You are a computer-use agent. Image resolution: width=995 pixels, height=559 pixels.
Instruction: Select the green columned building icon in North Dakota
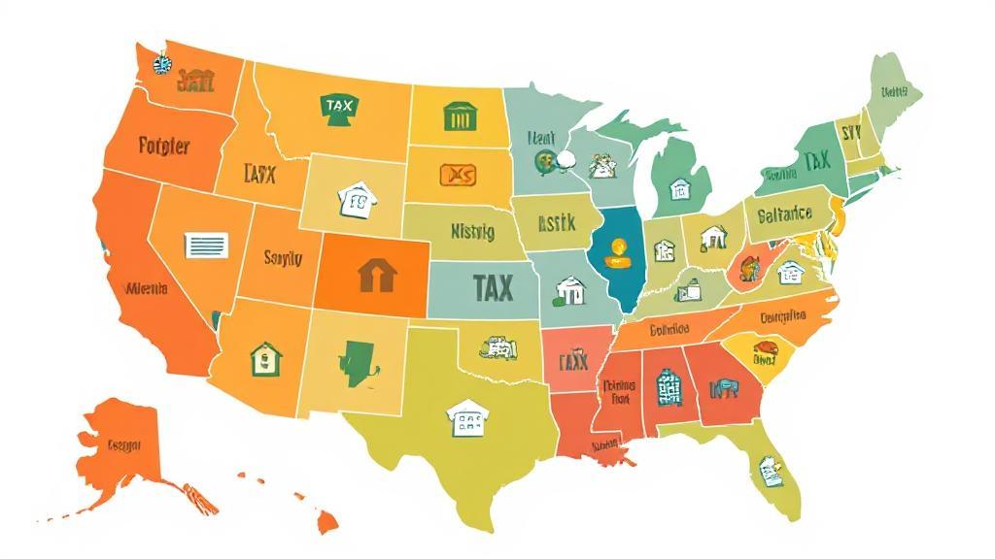click(457, 116)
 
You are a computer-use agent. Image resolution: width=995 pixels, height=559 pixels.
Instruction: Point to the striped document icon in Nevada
click(206, 246)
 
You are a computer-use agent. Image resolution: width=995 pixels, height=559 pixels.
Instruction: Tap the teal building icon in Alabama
click(669, 387)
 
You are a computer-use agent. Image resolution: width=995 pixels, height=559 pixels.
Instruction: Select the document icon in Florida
click(771, 472)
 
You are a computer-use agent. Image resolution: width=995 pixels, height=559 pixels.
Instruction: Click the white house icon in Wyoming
click(357, 200)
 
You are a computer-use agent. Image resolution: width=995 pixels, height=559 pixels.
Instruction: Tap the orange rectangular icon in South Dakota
click(458, 175)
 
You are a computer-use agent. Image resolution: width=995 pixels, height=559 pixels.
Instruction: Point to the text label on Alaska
click(123, 445)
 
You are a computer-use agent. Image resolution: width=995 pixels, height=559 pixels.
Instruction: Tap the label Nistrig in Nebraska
click(472, 232)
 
